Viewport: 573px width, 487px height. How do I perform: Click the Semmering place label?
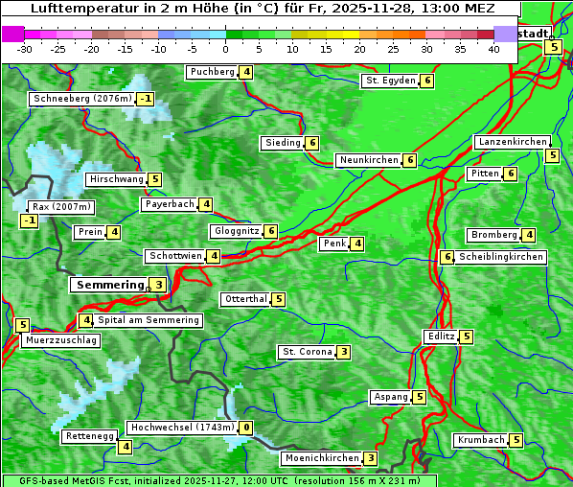(x=108, y=285)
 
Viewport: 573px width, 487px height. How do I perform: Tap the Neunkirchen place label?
(x=368, y=160)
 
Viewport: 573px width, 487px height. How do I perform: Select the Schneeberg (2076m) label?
(x=81, y=99)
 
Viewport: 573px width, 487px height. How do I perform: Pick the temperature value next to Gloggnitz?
(x=271, y=231)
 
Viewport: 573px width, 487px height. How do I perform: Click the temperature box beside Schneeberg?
(x=145, y=99)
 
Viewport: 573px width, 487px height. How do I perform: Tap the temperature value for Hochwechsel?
(x=246, y=428)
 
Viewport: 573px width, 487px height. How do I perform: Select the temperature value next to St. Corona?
(x=344, y=352)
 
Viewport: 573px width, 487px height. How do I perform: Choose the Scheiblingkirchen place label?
(x=501, y=257)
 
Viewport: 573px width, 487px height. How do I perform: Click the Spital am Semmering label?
(x=149, y=320)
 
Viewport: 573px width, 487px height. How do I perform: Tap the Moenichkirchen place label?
(x=322, y=458)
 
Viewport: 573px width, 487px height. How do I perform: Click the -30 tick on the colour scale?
(x=25, y=48)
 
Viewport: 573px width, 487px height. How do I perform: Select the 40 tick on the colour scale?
(x=493, y=48)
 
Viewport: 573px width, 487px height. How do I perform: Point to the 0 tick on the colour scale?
(x=225, y=48)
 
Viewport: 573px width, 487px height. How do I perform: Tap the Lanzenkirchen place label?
(x=512, y=142)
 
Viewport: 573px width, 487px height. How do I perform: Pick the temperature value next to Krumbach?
(x=516, y=440)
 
